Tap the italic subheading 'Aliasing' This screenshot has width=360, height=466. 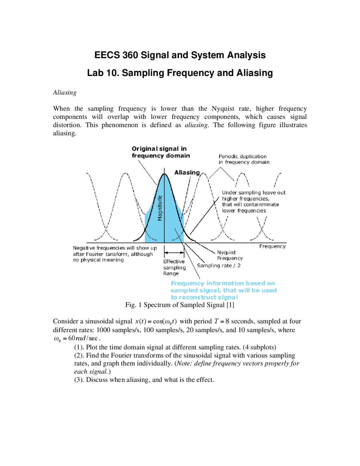point(65,93)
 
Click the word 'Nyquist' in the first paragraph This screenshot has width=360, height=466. point(223,109)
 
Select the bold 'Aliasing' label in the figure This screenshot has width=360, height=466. point(187,172)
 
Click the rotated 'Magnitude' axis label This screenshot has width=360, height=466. point(160,208)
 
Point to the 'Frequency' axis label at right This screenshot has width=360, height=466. point(272,246)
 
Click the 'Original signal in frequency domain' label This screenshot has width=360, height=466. point(161,152)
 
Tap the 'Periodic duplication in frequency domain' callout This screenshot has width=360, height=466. point(244,159)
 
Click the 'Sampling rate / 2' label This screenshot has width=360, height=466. point(219,265)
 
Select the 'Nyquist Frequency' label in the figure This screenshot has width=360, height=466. point(229,255)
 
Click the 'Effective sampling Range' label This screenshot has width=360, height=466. point(174,267)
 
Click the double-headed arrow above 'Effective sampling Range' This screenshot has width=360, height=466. point(174,253)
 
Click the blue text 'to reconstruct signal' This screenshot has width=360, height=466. point(204,297)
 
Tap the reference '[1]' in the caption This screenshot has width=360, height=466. point(230,305)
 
